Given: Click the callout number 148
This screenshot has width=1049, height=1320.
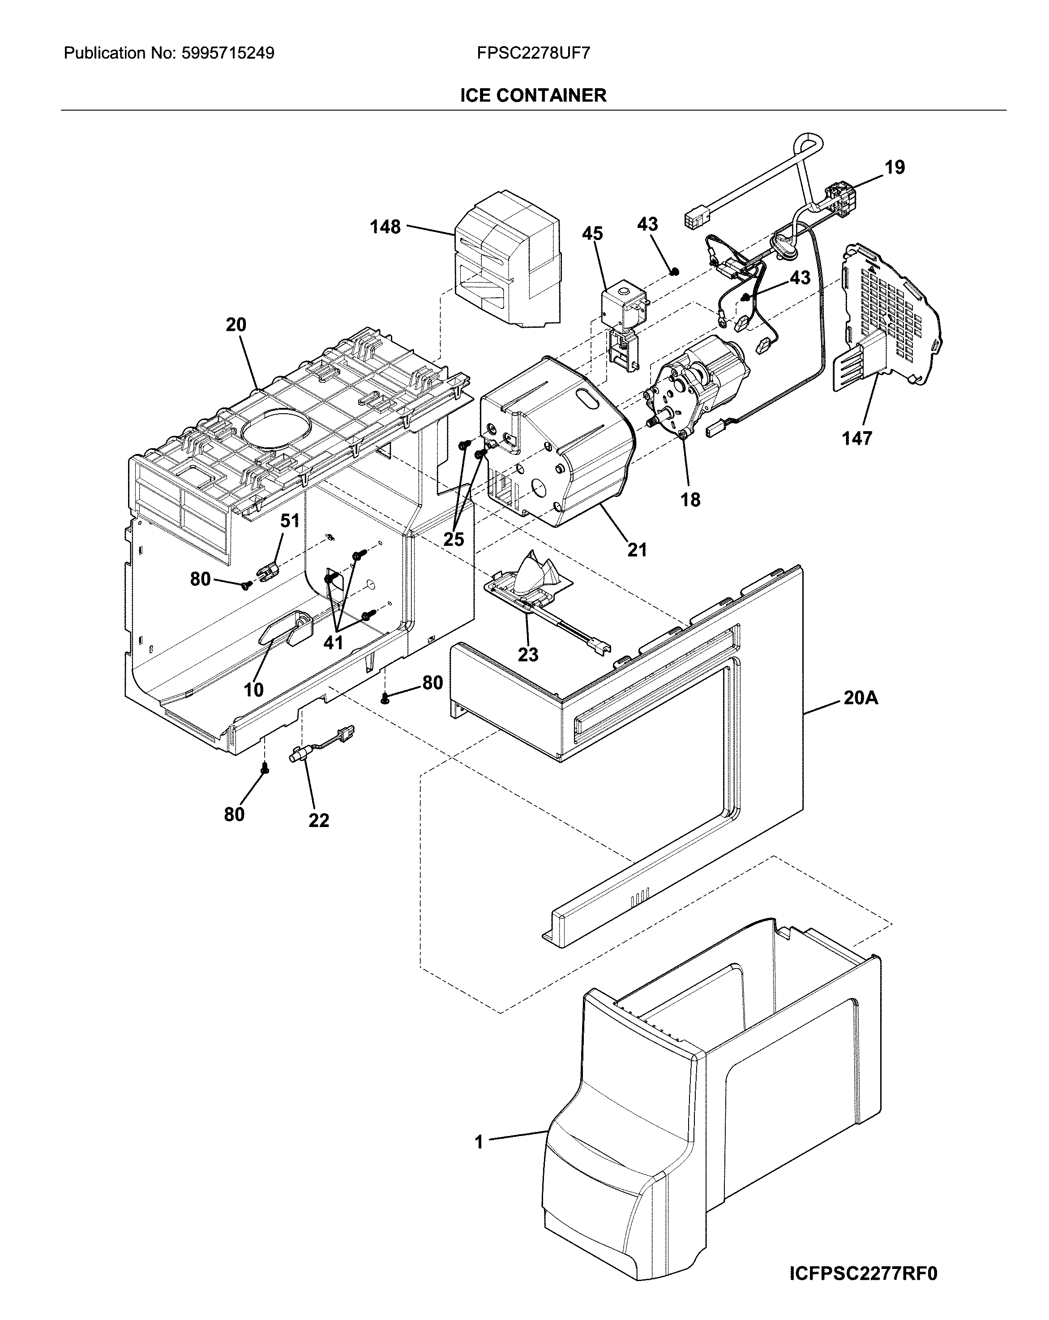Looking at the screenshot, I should click(x=385, y=227).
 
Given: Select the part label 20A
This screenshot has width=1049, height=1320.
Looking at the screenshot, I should click(x=861, y=697).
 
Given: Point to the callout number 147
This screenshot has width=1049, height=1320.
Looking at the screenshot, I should click(x=856, y=438).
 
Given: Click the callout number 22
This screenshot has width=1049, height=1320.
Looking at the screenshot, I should click(x=318, y=820).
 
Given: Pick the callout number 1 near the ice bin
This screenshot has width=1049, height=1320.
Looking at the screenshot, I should click(x=479, y=1142).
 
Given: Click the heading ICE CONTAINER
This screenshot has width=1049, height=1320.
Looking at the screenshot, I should click(x=533, y=95).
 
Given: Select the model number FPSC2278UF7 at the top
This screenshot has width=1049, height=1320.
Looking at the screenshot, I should click(x=533, y=53).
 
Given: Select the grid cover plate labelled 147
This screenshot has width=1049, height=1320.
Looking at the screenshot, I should click(x=887, y=318).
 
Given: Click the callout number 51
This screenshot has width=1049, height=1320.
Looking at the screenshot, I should click(x=290, y=521).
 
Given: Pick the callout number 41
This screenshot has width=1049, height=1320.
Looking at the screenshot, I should click(x=333, y=642).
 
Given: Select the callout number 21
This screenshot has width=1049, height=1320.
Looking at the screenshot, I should click(x=637, y=549).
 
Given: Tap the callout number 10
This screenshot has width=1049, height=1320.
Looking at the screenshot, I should click(x=253, y=690).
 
